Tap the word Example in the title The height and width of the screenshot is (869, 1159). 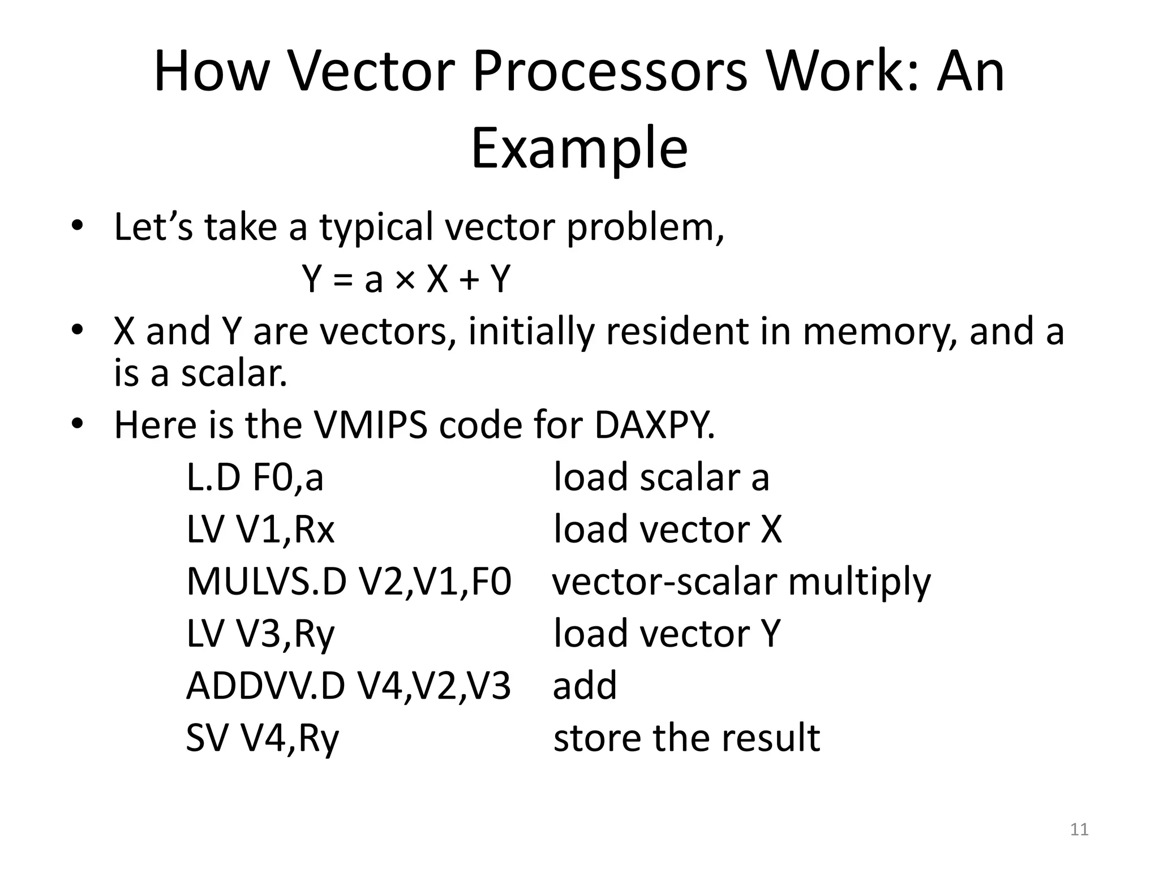click(x=579, y=148)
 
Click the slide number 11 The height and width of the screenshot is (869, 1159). click(x=1079, y=829)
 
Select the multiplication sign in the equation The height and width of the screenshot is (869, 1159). click(x=404, y=279)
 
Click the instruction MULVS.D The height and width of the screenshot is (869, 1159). click(x=266, y=582)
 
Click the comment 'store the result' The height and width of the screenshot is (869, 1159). click(x=686, y=738)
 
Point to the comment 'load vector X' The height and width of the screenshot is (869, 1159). click(x=668, y=530)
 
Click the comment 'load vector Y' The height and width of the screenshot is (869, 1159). click(x=667, y=634)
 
